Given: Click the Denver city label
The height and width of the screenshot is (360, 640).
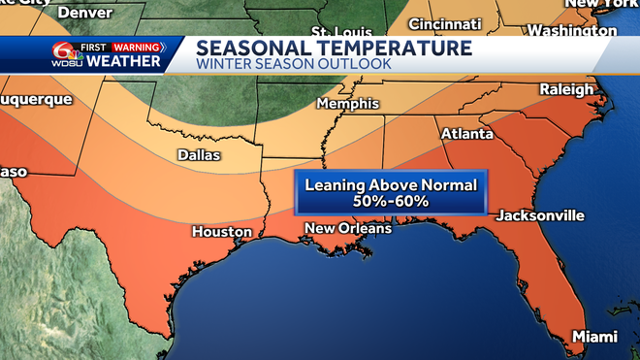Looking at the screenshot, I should point(84,13).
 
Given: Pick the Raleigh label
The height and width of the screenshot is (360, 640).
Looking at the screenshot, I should point(566,89).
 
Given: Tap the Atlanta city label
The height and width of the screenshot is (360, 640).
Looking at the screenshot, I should point(466,133).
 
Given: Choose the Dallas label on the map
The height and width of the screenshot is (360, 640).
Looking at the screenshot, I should point(199,155).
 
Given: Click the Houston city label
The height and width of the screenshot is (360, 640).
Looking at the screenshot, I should point(222,232).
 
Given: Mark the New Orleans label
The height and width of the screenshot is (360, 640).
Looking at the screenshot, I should point(347,228).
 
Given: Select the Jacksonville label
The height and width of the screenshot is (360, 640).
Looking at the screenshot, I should point(540,214).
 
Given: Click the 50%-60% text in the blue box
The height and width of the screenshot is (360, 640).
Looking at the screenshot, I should point(393,201).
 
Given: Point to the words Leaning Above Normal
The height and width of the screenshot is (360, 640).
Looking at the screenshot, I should point(393,184).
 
